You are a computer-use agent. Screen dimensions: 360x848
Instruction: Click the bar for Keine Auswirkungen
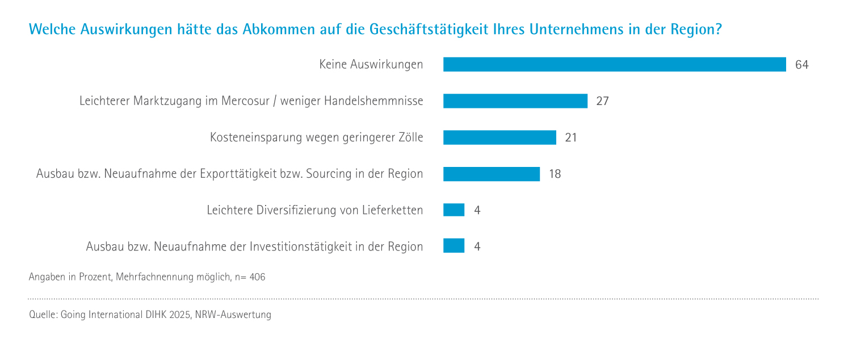[614, 65]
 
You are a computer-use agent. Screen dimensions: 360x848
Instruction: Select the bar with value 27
[515, 101]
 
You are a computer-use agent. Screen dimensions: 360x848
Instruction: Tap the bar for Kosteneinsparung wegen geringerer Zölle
[499, 137]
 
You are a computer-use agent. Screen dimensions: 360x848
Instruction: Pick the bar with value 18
[491, 174]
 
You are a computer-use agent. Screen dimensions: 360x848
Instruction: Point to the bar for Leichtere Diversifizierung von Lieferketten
[454, 210]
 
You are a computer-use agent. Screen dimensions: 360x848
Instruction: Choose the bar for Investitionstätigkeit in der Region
[454, 246]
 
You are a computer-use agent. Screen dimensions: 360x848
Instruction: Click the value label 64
[801, 65]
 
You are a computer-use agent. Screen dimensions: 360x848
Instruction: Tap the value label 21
[571, 137]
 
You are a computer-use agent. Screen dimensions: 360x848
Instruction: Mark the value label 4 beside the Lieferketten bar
[477, 210]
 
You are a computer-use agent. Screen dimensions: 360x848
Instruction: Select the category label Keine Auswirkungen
[371, 65]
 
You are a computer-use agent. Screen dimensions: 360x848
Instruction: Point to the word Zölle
[408, 137]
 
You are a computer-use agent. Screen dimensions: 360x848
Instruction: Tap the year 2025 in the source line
[179, 315]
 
